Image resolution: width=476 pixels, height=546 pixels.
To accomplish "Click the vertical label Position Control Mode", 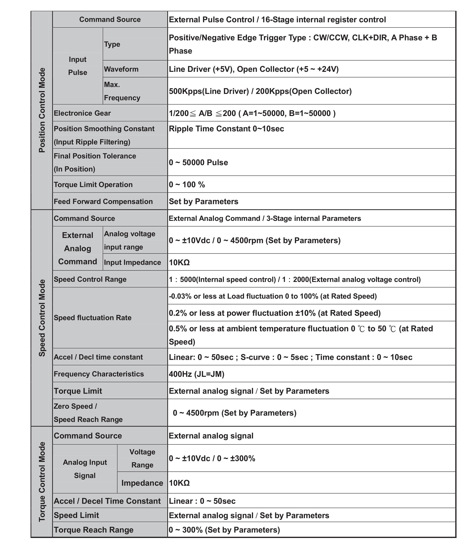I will (x=42, y=110).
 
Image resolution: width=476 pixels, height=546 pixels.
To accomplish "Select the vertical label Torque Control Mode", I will (x=42, y=482).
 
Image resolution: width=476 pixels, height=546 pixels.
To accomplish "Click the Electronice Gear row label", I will (x=82, y=113).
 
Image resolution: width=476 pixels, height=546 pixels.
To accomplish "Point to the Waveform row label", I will (x=121, y=69).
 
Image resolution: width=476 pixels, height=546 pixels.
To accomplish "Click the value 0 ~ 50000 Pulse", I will (x=198, y=162).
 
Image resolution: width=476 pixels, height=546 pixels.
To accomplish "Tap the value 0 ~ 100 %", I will (x=187, y=185).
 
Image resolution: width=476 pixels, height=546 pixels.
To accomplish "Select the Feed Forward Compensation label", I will (x=103, y=201).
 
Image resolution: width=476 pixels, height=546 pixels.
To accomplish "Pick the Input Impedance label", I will (x=132, y=262).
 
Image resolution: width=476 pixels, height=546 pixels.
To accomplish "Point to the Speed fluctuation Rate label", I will (x=92, y=318).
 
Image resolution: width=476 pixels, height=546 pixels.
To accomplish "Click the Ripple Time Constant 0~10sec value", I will (x=226, y=129).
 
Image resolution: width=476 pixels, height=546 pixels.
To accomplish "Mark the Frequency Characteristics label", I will (x=99, y=374).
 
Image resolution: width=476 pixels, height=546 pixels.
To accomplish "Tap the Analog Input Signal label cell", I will (x=85, y=469).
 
